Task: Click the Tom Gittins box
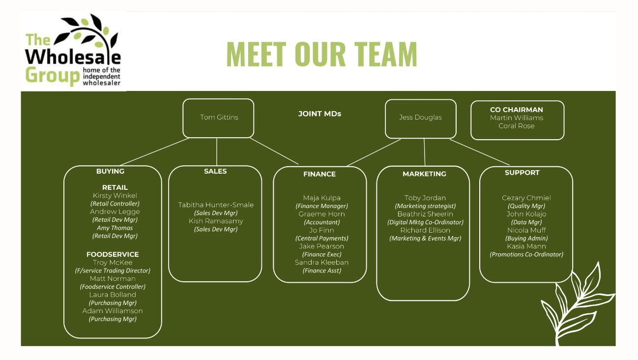pos(218,118)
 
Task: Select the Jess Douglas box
pos(420,118)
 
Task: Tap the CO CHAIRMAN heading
pos(516,110)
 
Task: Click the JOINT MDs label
pos(319,114)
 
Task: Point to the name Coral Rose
pos(516,126)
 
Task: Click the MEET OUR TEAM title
pos(321,54)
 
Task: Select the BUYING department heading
pos(110,171)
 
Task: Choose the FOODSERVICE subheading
pos(113,254)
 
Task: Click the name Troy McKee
pos(113,263)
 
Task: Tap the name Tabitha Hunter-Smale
pos(215,205)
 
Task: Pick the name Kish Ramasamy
pos(215,221)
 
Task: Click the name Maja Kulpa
pos(321,198)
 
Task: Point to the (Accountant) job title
pos(321,222)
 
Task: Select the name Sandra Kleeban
pos(321,262)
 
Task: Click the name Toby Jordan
pos(425,198)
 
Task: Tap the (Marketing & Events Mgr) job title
pos(425,239)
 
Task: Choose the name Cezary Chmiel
pos(526,198)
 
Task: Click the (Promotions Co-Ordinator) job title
pos(526,254)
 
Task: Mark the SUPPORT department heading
pos(522,173)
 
